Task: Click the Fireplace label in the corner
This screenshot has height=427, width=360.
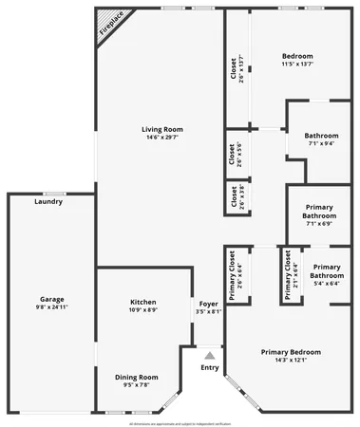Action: [110, 28]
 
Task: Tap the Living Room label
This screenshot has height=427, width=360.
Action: [162, 129]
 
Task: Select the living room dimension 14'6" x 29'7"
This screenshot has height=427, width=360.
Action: [162, 139]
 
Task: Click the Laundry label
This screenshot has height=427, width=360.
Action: [48, 201]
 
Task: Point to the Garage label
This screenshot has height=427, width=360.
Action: [52, 299]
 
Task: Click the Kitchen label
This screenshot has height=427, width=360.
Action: [143, 302]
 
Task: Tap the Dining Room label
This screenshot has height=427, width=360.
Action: [137, 376]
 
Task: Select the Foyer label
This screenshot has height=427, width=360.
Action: [209, 302]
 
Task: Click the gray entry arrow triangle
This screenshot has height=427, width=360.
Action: [210, 355]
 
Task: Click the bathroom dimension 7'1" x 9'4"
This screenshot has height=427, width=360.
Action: [321, 144]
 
